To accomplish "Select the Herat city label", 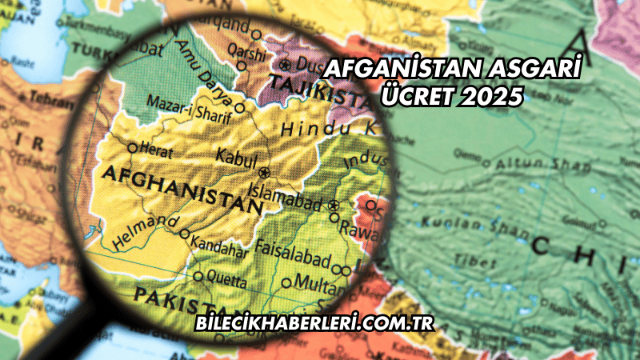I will click(x=156, y=147).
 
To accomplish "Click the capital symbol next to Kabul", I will click(x=264, y=172).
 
